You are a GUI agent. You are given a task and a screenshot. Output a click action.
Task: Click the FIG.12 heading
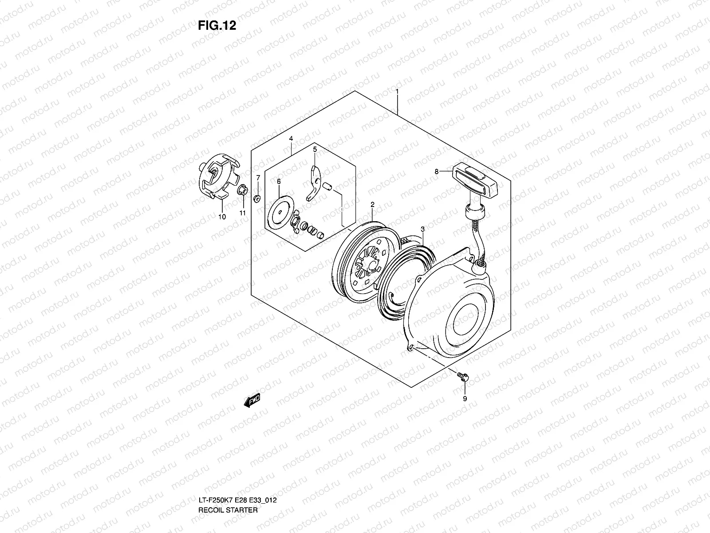pos(217,26)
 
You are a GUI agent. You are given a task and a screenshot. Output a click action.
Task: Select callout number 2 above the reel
pos(372,205)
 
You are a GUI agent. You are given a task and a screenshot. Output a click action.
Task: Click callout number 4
pos(291,139)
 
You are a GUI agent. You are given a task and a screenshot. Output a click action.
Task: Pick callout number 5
pos(315,150)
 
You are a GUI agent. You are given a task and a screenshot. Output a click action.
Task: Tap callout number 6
pos(279,182)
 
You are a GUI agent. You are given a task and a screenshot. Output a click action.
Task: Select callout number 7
pos(258,178)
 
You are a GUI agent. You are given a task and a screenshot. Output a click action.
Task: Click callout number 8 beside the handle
pos(437,171)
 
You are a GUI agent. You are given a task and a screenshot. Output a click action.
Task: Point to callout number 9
pos(465,399)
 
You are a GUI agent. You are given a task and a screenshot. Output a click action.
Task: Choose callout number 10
pos(222,217)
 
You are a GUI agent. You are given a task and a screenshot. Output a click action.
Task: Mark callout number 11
pos(243,213)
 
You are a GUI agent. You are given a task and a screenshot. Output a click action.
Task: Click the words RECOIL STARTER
pos(228,473)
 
